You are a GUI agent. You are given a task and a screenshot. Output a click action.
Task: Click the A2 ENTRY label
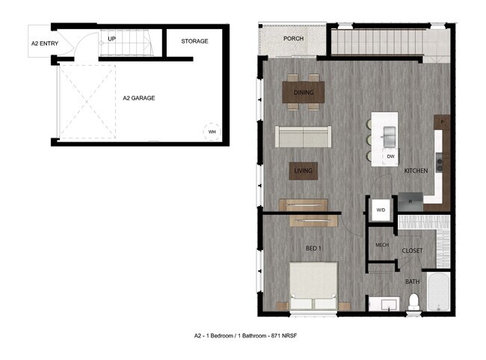44,44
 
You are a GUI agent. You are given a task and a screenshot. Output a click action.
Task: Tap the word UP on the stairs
111,38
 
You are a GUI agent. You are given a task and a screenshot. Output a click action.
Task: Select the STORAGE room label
194,41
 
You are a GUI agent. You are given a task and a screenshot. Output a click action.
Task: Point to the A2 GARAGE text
139,97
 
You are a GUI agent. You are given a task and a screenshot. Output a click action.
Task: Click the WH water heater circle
212,132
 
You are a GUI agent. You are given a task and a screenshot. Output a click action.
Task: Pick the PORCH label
293,39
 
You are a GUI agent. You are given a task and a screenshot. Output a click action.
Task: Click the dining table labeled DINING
303,93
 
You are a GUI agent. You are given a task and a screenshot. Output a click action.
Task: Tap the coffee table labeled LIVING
303,171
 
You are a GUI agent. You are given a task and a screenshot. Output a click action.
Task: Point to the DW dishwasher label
391,156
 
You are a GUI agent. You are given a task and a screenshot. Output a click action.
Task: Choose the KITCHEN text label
416,171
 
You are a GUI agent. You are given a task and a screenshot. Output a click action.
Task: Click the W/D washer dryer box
381,210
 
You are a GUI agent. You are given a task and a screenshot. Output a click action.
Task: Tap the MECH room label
381,245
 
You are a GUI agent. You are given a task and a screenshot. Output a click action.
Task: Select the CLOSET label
413,251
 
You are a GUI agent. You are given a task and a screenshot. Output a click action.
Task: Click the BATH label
413,282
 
